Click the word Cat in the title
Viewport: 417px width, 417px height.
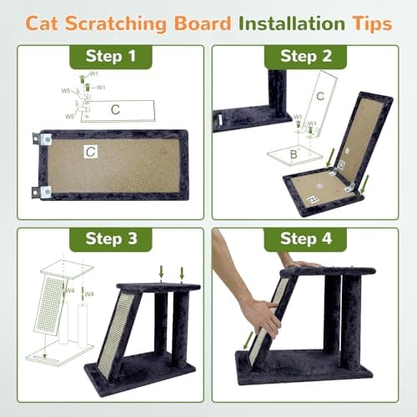(47, 23)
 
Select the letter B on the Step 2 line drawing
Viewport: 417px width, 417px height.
(293, 155)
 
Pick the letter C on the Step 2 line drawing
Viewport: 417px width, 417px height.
(319, 97)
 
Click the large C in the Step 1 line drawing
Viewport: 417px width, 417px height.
(116, 109)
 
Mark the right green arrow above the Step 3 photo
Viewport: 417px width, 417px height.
(182, 273)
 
